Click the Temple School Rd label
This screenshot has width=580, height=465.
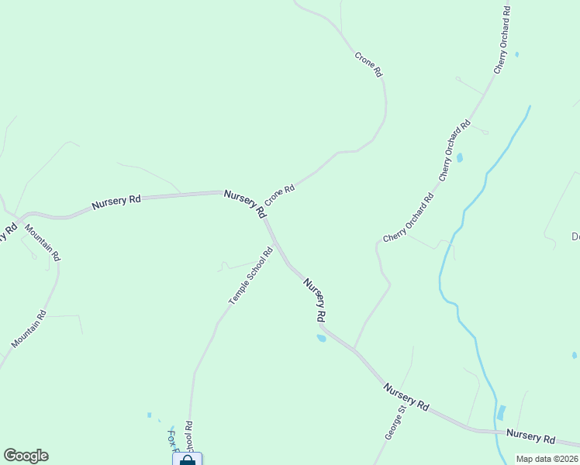pyautogui.click(x=251, y=276)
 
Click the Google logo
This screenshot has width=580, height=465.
pyautogui.click(x=26, y=456)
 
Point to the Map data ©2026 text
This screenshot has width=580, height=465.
pyautogui.click(x=547, y=459)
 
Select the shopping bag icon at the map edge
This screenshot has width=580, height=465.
pyautogui.click(x=187, y=460)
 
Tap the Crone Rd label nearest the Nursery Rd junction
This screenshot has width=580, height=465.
pyautogui.click(x=280, y=194)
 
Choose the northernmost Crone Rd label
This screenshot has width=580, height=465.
pyautogui.click(x=369, y=64)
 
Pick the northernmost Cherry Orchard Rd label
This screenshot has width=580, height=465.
pyautogui.click(x=502, y=40)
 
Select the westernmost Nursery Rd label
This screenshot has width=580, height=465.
pyautogui.click(x=116, y=201)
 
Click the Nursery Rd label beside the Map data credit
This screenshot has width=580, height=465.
pyautogui.click(x=531, y=438)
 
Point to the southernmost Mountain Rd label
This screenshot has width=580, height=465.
pyautogui.click(x=29, y=329)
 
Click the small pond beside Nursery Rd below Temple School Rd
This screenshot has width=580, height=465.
pyautogui.click(x=321, y=338)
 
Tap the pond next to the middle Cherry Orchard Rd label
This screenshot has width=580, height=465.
pyautogui.click(x=460, y=158)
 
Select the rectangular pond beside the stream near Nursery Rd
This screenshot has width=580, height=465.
pyautogui.click(x=501, y=412)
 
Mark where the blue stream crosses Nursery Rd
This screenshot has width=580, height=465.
pyautogui.click(x=495, y=431)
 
